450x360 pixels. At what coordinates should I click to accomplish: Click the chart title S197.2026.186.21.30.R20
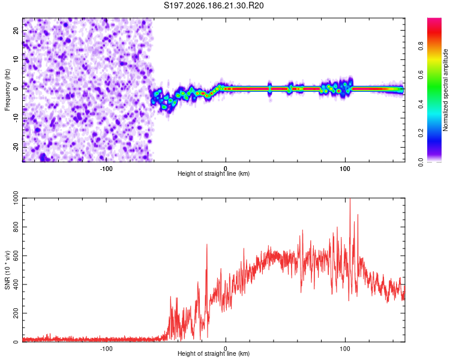click(214, 5)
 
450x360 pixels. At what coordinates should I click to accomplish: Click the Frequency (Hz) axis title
click(7, 90)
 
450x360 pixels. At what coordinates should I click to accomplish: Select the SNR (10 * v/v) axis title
click(7, 270)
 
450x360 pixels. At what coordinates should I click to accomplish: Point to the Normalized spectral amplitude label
click(445, 90)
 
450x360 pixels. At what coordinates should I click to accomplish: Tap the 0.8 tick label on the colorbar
click(421, 46)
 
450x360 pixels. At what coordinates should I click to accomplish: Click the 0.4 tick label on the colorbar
click(421, 104)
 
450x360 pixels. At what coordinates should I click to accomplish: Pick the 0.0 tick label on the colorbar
click(421, 162)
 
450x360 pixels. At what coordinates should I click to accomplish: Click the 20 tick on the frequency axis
click(16, 31)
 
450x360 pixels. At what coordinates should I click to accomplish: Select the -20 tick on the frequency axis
click(16, 147)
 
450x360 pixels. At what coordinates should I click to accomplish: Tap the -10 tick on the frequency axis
click(16, 118)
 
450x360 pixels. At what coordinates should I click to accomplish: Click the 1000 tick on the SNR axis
click(16, 198)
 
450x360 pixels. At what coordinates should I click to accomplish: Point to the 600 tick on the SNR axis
click(16, 256)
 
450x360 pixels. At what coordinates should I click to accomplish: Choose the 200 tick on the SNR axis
click(16, 313)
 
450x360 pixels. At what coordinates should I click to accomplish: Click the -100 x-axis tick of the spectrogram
click(106, 169)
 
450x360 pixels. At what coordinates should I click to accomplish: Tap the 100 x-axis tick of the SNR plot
click(345, 349)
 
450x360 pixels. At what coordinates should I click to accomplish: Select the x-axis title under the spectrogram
click(214, 173)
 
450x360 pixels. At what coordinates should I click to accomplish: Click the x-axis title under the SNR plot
click(214, 353)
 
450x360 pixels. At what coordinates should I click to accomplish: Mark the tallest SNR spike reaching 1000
click(350, 199)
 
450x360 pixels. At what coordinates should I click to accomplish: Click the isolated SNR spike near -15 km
click(206, 245)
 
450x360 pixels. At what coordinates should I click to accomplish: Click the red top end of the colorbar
click(434, 20)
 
